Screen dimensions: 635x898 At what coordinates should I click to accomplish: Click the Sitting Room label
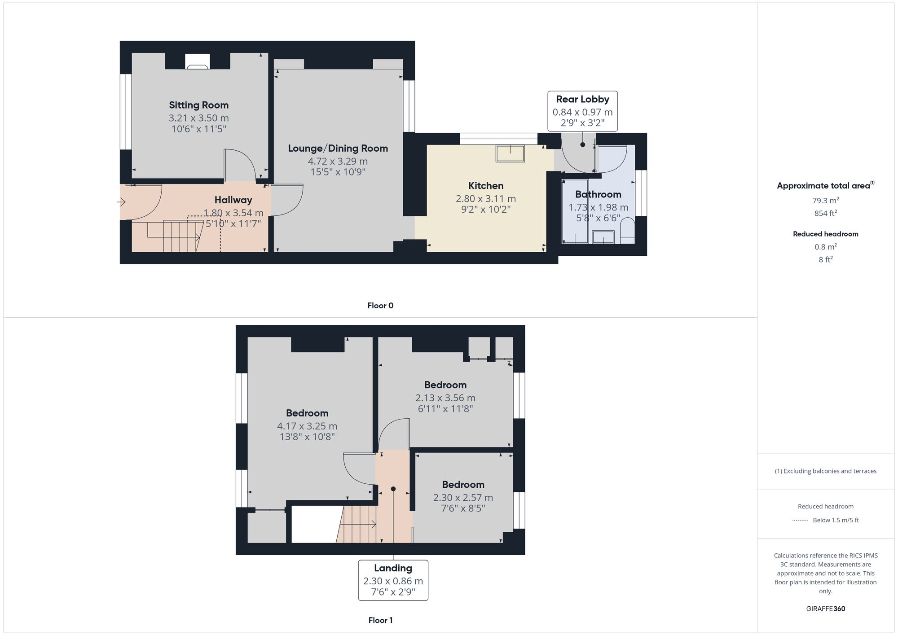(198, 105)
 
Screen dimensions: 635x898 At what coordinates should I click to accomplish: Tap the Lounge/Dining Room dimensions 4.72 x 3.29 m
(338, 161)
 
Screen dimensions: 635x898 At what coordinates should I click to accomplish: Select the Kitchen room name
(485, 186)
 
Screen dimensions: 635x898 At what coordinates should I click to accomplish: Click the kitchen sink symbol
(510, 153)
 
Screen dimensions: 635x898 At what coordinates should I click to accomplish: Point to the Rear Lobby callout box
(582, 111)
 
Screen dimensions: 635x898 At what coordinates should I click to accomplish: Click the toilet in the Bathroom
(627, 230)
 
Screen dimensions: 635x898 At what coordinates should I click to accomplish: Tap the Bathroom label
(598, 194)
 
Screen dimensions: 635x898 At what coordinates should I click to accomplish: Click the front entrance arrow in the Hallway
(121, 202)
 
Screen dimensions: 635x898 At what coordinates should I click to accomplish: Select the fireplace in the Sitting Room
(198, 62)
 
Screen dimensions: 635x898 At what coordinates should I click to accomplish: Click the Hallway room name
(233, 200)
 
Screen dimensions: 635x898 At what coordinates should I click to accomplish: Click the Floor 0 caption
(380, 306)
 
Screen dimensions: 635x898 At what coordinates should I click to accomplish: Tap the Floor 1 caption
(380, 620)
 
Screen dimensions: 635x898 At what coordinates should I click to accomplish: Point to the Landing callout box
(393, 580)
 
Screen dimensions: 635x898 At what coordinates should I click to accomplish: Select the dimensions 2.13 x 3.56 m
(445, 398)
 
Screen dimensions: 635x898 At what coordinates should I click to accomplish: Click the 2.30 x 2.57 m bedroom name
(463, 485)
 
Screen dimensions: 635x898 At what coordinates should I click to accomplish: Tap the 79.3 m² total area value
(825, 201)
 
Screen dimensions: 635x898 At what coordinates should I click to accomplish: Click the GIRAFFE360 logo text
(825, 609)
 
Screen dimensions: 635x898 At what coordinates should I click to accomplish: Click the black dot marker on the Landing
(393, 489)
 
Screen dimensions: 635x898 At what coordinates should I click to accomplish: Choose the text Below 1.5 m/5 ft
(836, 520)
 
